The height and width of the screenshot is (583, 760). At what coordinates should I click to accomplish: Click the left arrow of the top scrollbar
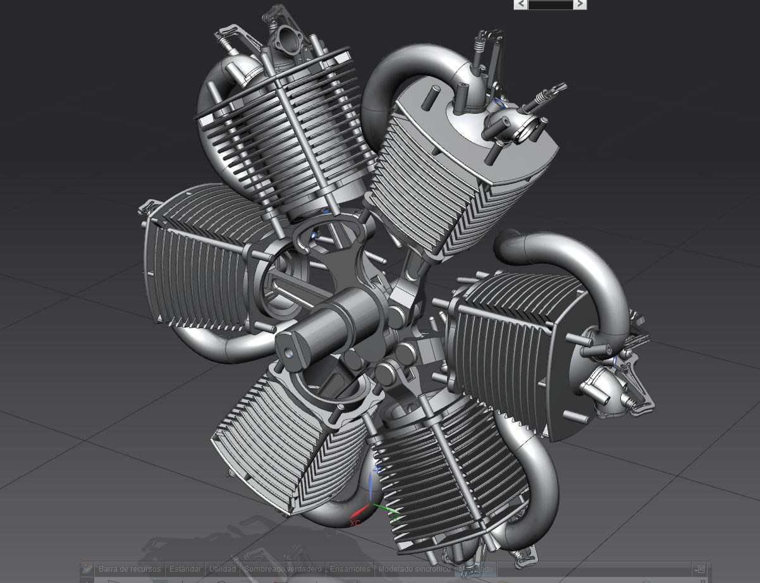tap(521, 4)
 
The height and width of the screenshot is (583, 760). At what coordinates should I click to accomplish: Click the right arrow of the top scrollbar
tap(580, 4)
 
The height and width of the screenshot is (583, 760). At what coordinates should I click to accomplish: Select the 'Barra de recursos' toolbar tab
tap(130, 568)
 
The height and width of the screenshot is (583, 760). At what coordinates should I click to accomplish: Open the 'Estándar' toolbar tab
tap(185, 568)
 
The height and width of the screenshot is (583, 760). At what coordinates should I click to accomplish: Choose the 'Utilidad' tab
tap(222, 568)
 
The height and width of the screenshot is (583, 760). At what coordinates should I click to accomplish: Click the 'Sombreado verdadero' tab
tap(283, 568)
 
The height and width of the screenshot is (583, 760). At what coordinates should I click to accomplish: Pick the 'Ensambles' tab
tap(350, 568)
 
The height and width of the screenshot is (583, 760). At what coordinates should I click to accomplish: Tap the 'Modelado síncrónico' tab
tap(414, 568)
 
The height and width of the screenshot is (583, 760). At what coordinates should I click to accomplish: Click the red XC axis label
tap(355, 524)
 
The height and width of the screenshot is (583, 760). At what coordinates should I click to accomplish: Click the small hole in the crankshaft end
tap(290, 354)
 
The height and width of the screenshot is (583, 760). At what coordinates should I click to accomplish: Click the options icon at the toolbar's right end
tap(699, 569)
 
